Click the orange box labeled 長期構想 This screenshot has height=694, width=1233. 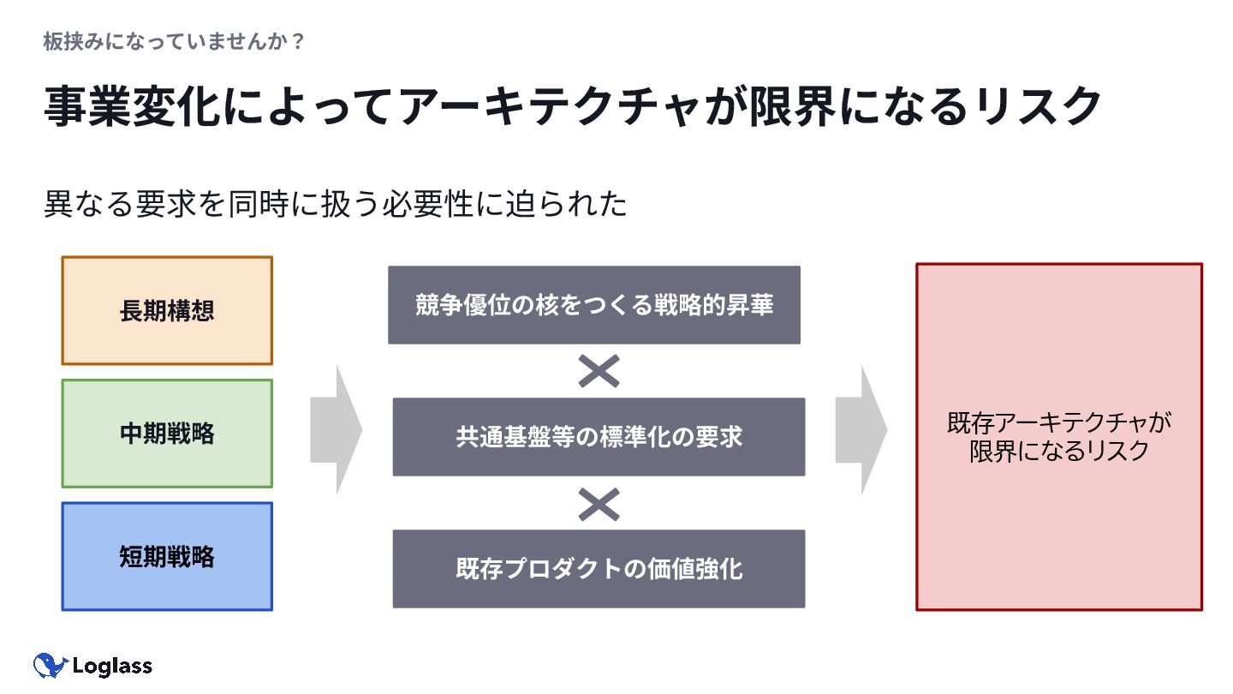click(167, 310)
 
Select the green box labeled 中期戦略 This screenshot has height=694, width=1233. click(167, 434)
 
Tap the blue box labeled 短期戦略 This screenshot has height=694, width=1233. click(167, 557)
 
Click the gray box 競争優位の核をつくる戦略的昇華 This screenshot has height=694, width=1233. click(594, 305)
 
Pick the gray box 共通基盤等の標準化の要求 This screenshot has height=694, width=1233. click(599, 437)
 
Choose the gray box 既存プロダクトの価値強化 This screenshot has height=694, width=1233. click(599, 569)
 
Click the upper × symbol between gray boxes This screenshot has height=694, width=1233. click(599, 371)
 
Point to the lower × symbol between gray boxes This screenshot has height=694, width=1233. click(599, 504)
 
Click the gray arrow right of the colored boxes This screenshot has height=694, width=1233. click(337, 430)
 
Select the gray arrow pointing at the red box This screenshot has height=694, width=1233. click(861, 430)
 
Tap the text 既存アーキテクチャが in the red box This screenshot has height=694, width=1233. click(1058, 423)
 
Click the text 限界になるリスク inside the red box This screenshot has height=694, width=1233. click(1058, 452)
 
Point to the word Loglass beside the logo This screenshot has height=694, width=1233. click(113, 666)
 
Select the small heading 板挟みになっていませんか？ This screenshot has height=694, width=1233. click(174, 41)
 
